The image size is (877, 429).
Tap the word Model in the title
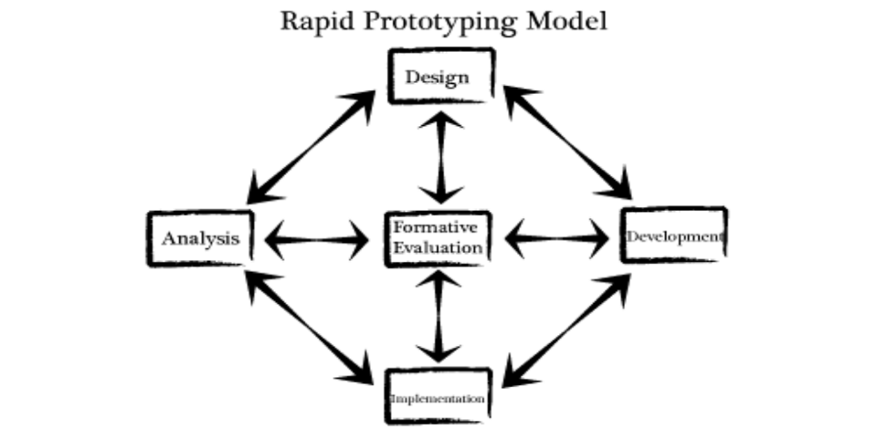point(567,22)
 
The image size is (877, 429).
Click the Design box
point(439,77)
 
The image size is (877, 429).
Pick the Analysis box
point(201,239)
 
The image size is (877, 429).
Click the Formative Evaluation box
point(438,238)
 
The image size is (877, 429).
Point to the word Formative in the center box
point(438,227)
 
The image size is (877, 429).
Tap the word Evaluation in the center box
point(438,248)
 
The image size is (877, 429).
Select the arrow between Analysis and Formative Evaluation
point(315,241)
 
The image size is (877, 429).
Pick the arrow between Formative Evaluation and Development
point(557,239)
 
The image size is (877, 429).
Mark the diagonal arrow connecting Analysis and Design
point(311,146)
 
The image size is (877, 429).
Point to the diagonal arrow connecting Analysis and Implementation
point(311,326)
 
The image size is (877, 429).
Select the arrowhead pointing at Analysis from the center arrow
point(274,241)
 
